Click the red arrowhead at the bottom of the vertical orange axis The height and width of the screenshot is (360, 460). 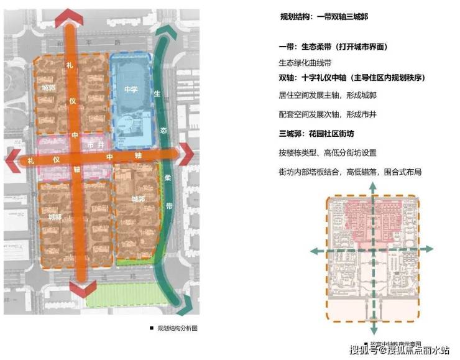tap(82, 289)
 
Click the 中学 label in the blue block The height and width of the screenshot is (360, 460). tap(131, 88)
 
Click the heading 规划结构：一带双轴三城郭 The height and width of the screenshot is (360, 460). tap(324, 17)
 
